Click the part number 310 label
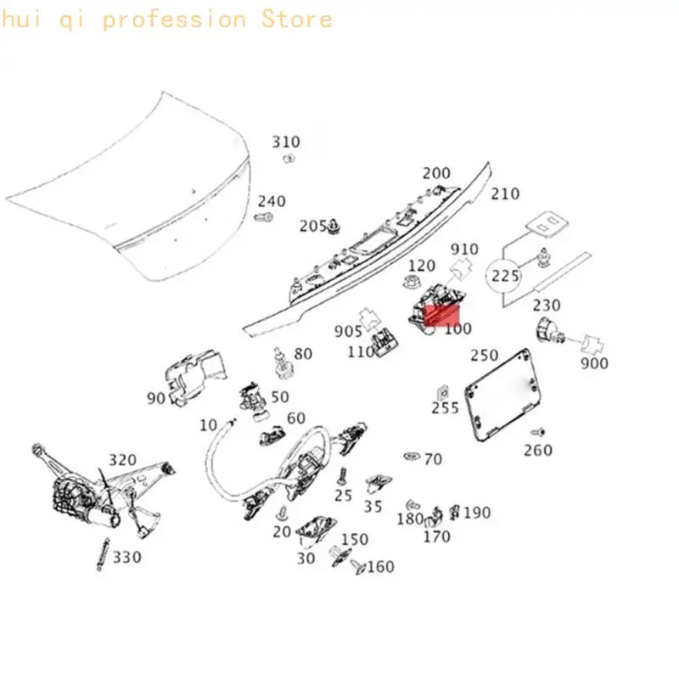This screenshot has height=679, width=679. (x=286, y=142)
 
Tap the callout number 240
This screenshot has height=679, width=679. (x=272, y=201)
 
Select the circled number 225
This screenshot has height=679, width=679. (x=505, y=275)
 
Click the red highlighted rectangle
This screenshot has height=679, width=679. (x=441, y=315)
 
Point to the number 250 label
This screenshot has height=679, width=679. (x=485, y=355)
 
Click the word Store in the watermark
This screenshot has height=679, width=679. (x=297, y=19)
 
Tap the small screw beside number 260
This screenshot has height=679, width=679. (x=538, y=432)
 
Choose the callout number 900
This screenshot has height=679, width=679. (x=595, y=363)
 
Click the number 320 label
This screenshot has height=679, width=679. (x=122, y=459)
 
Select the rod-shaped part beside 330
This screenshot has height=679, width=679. (x=104, y=554)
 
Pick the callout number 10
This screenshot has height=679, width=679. (x=208, y=425)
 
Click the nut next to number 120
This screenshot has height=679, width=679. (x=410, y=282)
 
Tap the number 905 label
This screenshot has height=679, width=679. (x=348, y=331)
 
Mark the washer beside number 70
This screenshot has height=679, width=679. (x=412, y=456)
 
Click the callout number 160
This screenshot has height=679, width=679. (x=380, y=566)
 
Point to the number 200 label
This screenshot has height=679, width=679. (x=436, y=173)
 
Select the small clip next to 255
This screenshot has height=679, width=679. (x=442, y=393)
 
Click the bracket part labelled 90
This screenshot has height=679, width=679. (x=196, y=377)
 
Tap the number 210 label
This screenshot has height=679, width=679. (x=505, y=194)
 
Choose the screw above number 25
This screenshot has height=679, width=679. (x=343, y=476)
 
